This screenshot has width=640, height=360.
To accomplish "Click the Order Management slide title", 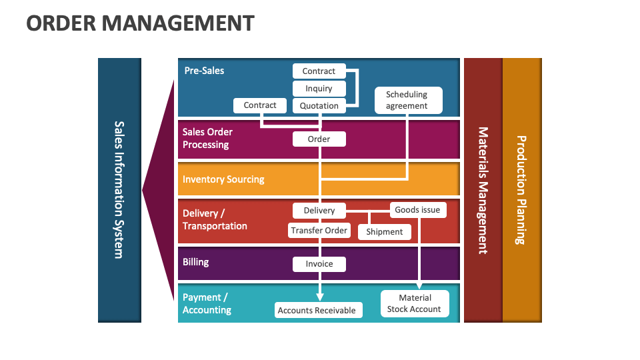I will (x=140, y=23).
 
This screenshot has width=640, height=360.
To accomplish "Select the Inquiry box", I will (x=319, y=89).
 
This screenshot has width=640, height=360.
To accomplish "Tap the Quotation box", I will (x=319, y=105).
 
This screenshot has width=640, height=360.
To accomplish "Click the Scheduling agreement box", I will (x=407, y=100).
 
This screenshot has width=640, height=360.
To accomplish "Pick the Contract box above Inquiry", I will (x=319, y=71).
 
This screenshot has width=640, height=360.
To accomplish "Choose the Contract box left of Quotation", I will (x=260, y=105).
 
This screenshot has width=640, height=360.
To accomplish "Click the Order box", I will (x=319, y=139).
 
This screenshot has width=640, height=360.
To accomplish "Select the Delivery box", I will (x=319, y=211).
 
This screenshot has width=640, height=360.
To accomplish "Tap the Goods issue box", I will (x=417, y=210).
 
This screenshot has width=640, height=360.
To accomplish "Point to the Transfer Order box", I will (x=319, y=231).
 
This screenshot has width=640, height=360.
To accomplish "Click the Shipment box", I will (x=385, y=232).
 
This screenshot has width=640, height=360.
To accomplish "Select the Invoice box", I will (x=319, y=264).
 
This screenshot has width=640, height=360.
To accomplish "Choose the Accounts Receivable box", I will (x=317, y=310).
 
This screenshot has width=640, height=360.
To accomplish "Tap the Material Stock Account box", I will (x=415, y=303).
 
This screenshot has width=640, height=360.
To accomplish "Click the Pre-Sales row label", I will (x=204, y=71).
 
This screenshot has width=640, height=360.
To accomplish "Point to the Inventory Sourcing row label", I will (x=223, y=179).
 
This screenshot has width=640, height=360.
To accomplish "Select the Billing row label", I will (x=196, y=262).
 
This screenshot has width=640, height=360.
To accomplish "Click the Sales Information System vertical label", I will (x=119, y=189).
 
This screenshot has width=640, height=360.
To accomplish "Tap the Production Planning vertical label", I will (x=521, y=190).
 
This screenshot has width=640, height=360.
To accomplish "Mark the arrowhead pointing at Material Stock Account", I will (x=419, y=286).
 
